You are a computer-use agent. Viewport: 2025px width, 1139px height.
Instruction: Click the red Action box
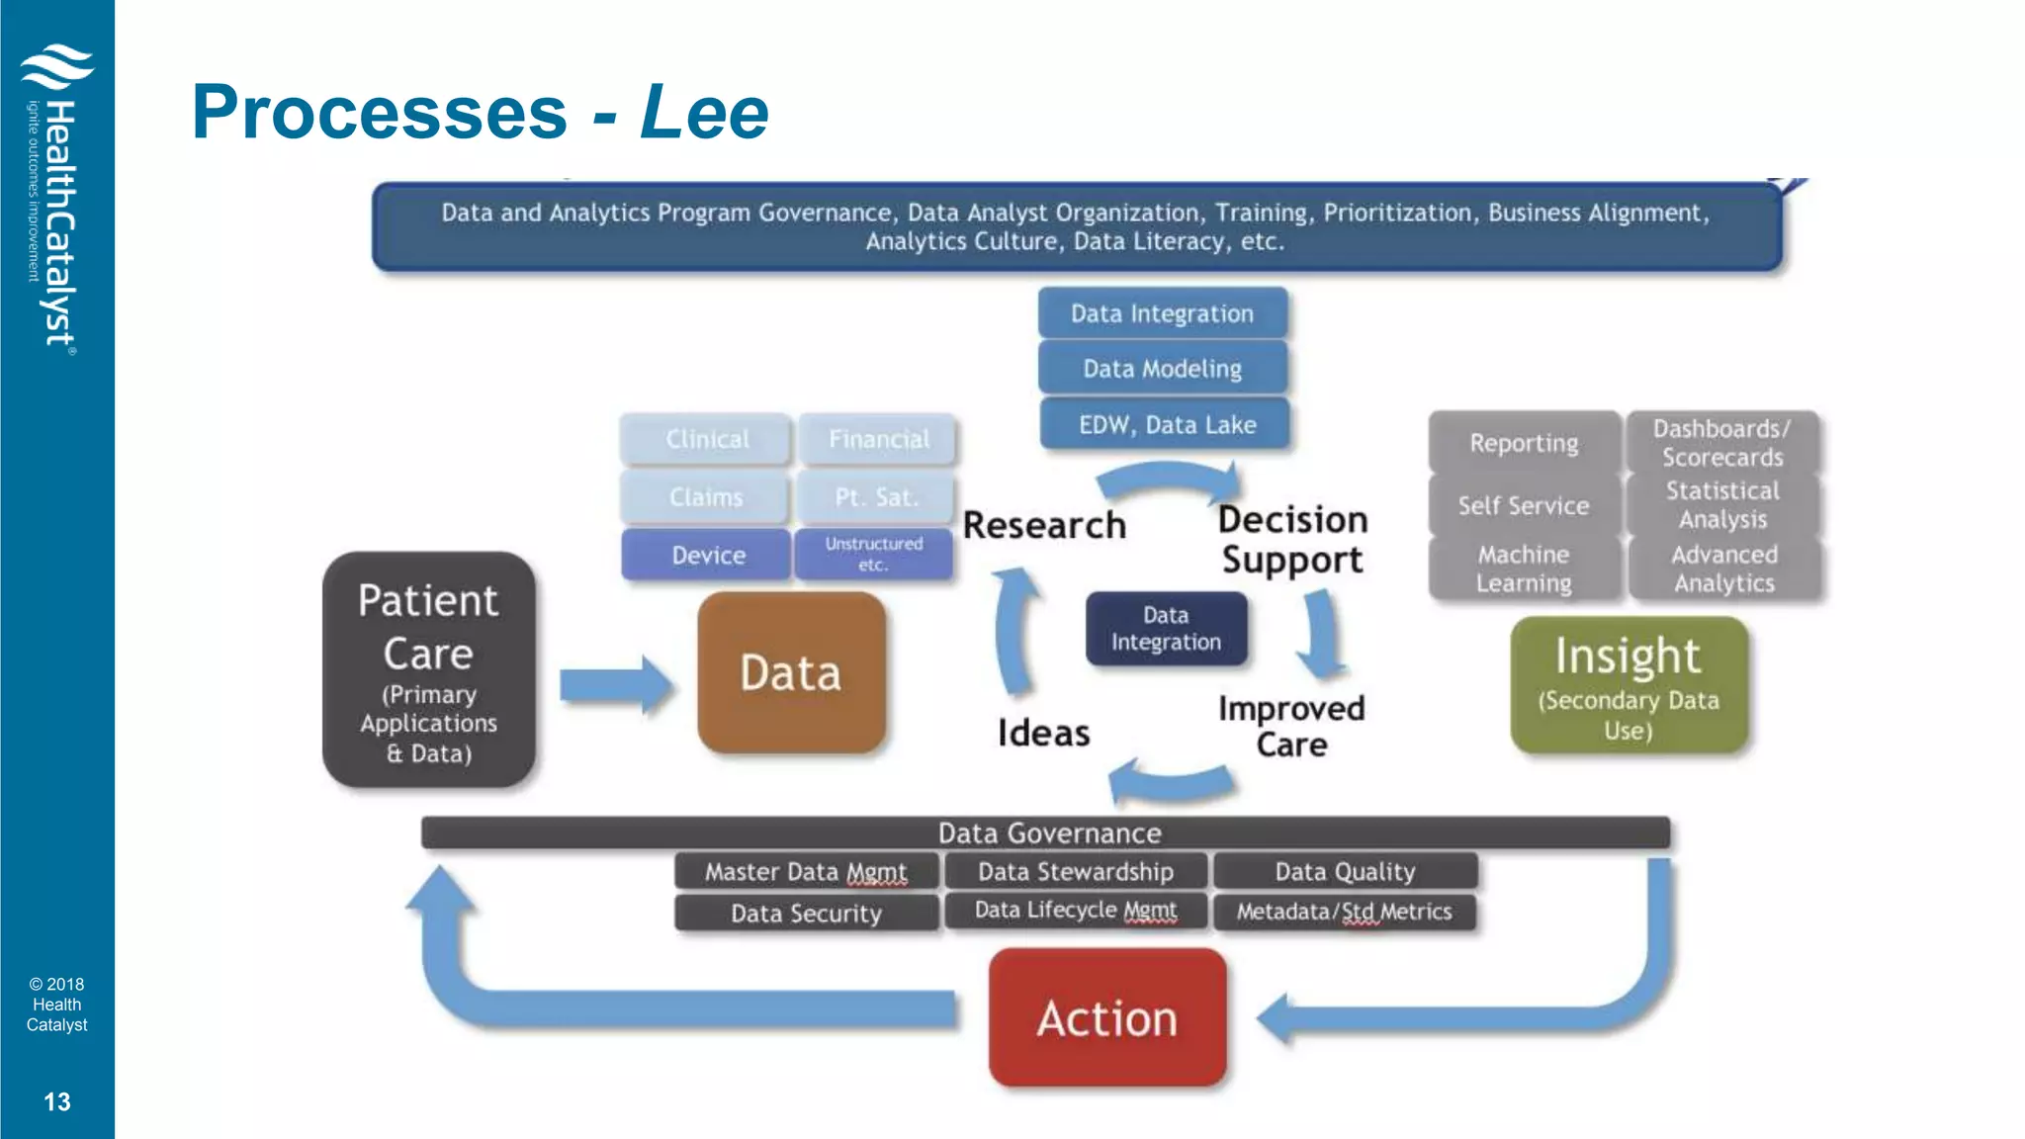[1107, 1017]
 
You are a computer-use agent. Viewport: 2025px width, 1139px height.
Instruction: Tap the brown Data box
[791, 673]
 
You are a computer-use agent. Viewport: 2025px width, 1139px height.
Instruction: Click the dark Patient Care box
[428, 670]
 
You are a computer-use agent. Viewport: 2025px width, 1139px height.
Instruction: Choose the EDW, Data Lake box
[1167, 425]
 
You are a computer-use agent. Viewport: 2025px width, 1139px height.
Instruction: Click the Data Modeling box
[1163, 369]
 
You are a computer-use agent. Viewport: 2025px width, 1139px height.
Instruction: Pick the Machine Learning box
[1524, 569]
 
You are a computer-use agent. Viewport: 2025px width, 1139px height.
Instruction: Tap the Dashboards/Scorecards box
[1722, 443]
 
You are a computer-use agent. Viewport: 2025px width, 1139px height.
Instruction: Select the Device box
[708, 555]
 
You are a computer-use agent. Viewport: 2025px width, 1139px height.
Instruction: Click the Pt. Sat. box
[876, 497]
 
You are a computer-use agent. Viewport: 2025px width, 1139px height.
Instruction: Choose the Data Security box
[806, 913]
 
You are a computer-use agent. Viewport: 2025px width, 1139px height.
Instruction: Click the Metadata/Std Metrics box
[1344, 912]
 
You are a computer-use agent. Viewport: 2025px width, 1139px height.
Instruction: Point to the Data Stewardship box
[1076, 871]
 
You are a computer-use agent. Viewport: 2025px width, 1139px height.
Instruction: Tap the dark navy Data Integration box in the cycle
[1166, 629]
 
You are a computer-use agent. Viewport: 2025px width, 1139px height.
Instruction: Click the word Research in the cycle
[1044, 525]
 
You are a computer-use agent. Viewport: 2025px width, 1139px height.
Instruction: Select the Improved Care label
[1291, 726]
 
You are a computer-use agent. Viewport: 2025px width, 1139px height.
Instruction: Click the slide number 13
[57, 1101]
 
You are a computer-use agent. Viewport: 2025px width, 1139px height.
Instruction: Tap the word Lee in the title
[704, 112]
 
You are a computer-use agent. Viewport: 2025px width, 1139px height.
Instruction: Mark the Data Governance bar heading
[1049, 833]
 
